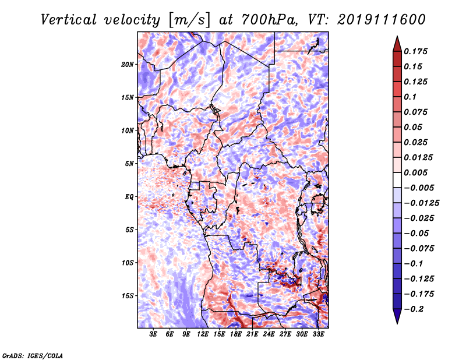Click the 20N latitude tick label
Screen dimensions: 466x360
(x=128, y=65)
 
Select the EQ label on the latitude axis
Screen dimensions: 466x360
(x=129, y=197)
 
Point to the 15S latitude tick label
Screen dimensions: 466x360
(x=128, y=296)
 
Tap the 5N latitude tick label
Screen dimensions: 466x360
(x=129, y=164)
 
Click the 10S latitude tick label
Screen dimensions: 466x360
(x=128, y=263)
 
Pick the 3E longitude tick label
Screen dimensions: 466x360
(x=153, y=334)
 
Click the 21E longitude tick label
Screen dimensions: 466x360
(x=252, y=334)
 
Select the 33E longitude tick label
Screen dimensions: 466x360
(x=318, y=334)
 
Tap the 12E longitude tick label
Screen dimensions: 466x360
(x=203, y=334)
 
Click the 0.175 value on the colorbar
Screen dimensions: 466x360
(x=415, y=51)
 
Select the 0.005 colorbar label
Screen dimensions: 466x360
(x=415, y=172)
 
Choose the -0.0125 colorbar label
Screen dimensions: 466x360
(x=421, y=203)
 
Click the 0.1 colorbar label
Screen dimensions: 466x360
(x=410, y=97)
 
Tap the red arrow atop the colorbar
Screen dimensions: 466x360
(x=397, y=44)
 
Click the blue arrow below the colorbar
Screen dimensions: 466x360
(x=397, y=316)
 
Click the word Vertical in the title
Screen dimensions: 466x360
(x=69, y=20)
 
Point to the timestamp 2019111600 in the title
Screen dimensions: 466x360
(x=382, y=20)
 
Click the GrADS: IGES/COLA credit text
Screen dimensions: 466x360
(x=33, y=356)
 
